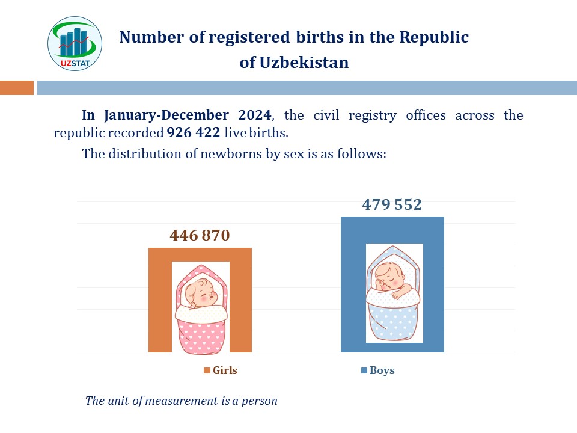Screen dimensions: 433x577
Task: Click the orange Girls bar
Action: tap(159, 301)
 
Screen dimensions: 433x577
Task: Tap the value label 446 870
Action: tap(200, 235)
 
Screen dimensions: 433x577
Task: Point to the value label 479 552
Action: tap(392, 204)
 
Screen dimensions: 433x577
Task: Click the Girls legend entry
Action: tap(221, 370)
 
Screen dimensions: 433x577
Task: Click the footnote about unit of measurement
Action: tap(182, 401)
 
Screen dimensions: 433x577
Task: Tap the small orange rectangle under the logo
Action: tap(17, 88)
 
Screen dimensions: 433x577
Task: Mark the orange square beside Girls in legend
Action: tap(207, 370)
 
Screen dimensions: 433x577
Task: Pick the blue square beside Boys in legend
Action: tap(364, 370)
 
